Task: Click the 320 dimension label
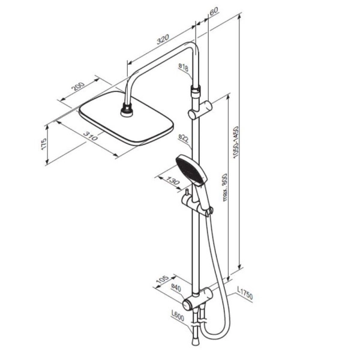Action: (x=163, y=39)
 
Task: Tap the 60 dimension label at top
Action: (x=214, y=11)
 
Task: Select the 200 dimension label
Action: (x=78, y=87)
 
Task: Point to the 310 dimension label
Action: (x=91, y=136)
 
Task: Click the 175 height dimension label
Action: (x=44, y=144)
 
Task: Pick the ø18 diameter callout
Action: (x=184, y=67)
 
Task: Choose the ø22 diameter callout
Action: (x=184, y=138)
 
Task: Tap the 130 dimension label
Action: (x=172, y=181)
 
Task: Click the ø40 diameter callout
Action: (x=176, y=289)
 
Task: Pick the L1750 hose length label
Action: (x=245, y=293)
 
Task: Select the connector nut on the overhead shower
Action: (x=127, y=110)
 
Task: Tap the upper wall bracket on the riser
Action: (x=200, y=110)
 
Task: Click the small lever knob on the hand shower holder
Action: (x=187, y=193)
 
